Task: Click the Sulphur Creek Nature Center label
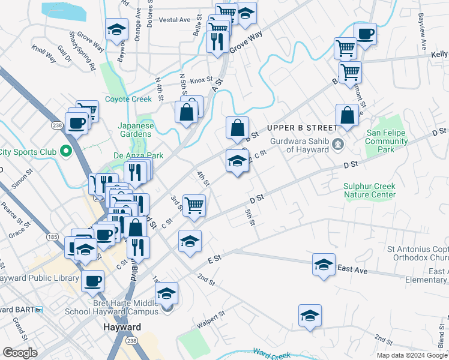[x=369, y=190]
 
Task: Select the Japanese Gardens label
[x=136, y=130]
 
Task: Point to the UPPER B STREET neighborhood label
[x=302, y=128]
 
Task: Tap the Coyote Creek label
[x=128, y=99]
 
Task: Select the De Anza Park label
[x=138, y=155]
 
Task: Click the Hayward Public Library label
[x=40, y=278]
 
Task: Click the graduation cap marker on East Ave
[x=324, y=264]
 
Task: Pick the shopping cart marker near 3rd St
[x=194, y=205]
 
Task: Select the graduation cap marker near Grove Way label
[x=245, y=13]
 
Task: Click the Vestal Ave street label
[x=175, y=20]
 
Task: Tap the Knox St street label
[x=202, y=79]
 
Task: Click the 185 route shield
[x=53, y=238]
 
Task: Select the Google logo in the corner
[x=20, y=353]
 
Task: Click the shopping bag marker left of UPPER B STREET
[x=238, y=127]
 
